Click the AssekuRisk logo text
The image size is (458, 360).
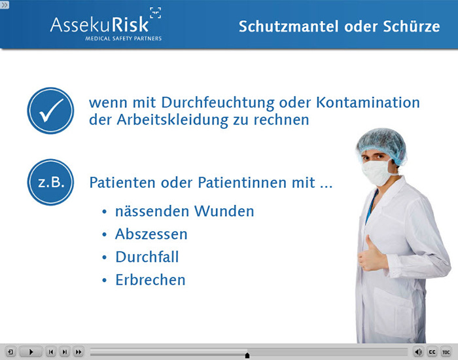99,25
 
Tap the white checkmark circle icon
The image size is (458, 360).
50,111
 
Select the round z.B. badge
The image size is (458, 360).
50,182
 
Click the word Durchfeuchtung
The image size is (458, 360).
218,103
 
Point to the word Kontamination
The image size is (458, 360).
368,103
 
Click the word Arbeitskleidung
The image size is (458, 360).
172,120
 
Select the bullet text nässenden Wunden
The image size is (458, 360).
185,211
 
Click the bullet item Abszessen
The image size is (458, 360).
151,234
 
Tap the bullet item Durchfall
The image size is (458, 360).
147,257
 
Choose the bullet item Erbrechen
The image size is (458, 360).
150,280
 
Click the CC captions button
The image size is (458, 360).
432,352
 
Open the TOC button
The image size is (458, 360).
446,352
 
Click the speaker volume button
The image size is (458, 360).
418,352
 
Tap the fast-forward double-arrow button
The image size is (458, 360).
79,352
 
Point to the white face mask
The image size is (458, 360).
377,172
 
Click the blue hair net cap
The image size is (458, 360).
382,145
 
